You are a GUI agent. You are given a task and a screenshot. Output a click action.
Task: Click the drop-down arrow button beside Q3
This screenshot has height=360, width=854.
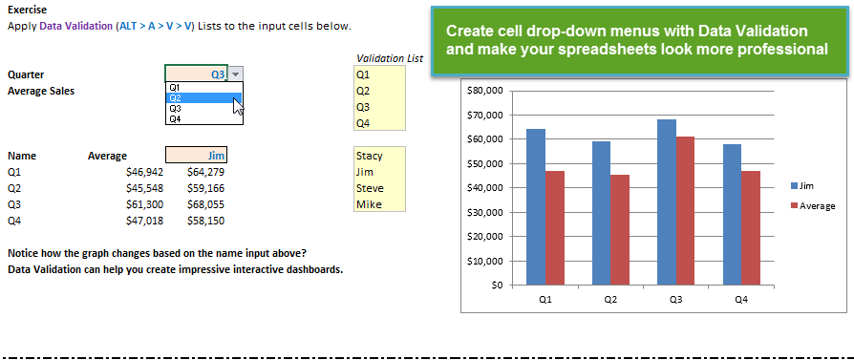click(235, 74)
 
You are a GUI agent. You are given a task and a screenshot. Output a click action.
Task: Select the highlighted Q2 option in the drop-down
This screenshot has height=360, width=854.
click(203, 98)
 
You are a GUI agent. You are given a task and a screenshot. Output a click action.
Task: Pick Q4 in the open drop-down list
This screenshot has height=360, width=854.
click(175, 118)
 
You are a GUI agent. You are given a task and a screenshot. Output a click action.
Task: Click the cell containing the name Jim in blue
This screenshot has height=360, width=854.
click(196, 156)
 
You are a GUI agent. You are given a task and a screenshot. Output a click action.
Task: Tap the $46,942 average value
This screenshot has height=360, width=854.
click(144, 172)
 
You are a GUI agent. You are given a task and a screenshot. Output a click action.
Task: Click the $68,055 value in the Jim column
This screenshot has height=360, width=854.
click(206, 204)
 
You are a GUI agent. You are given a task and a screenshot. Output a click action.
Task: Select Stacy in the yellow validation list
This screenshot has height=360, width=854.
click(370, 156)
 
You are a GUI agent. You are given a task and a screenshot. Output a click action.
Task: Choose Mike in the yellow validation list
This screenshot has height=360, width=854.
click(369, 204)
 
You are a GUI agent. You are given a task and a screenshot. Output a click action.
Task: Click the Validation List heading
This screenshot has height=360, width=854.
click(390, 58)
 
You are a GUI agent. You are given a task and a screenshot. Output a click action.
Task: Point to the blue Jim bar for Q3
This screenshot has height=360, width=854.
click(667, 202)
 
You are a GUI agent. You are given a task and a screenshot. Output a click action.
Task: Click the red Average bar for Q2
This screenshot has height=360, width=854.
click(620, 230)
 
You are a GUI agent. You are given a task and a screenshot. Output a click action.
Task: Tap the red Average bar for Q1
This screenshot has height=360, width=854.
click(554, 228)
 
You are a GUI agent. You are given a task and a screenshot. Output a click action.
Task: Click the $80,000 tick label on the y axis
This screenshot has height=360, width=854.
click(485, 91)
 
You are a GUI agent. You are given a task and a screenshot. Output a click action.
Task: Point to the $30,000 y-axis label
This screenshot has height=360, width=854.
click(485, 212)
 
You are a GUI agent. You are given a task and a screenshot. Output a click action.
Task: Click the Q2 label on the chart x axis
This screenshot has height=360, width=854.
click(610, 299)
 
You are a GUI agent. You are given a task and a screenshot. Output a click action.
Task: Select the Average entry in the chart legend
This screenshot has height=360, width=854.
click(813, 206)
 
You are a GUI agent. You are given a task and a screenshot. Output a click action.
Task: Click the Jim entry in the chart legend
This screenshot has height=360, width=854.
click(802, 185)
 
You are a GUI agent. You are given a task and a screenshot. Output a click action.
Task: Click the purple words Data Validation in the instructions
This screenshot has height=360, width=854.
click(75, 26)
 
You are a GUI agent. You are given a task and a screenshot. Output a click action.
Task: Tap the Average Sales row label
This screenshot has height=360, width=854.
click(41, 91)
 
